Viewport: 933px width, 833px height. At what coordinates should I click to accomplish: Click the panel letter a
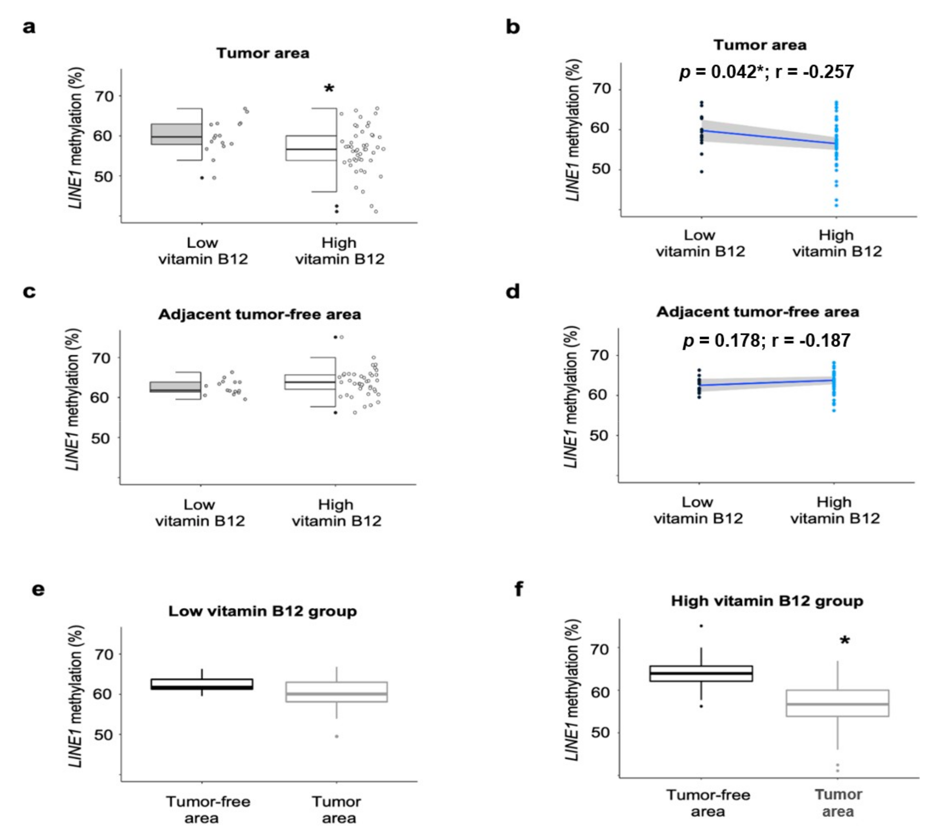tap(29, 27)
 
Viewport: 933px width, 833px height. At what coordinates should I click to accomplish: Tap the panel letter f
tap(519, 589)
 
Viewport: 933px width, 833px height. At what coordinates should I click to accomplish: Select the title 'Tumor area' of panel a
tap(263, 53)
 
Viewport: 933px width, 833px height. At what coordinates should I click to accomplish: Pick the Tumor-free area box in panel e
tap(202, 684)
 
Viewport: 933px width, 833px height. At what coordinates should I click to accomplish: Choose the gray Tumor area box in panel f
tap(837, 703)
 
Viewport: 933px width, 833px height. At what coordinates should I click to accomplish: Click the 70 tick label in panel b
tap(601, 89)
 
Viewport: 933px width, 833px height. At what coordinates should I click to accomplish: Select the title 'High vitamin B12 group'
tap(767, 601)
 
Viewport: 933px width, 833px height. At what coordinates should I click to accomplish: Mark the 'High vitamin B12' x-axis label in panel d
tap(835, 510)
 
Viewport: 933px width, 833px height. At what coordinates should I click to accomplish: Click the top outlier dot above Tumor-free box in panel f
tap(701, 626)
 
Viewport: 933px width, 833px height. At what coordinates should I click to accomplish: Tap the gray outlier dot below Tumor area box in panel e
tap(336, 736)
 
